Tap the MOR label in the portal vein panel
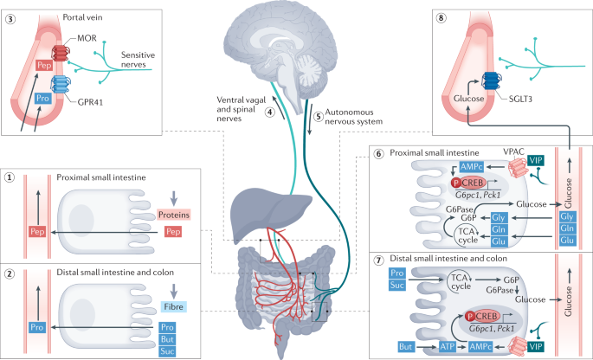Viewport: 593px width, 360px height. click(x=86, y=40)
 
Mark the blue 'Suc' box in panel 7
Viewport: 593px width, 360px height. click(x=396, y=285)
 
